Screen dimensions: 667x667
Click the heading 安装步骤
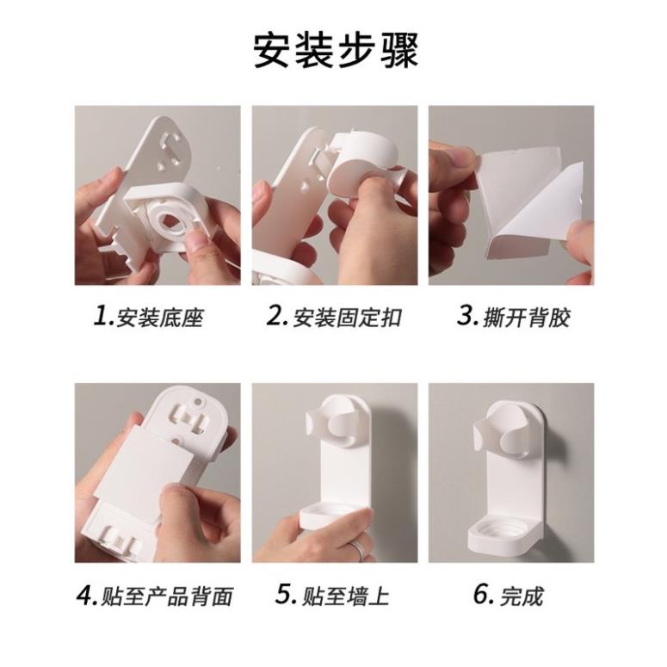tap(336, 51)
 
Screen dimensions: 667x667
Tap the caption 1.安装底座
tap(148, 317)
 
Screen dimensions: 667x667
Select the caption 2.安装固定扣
tap(334, 317)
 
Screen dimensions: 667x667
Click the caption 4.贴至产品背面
tap(155, 596)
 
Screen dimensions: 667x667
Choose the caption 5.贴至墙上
tap(332, 596)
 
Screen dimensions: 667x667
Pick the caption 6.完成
tap(509, 596)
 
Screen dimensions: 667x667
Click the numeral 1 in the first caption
tap(101, 316)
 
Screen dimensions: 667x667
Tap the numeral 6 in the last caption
tap(481, 594)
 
